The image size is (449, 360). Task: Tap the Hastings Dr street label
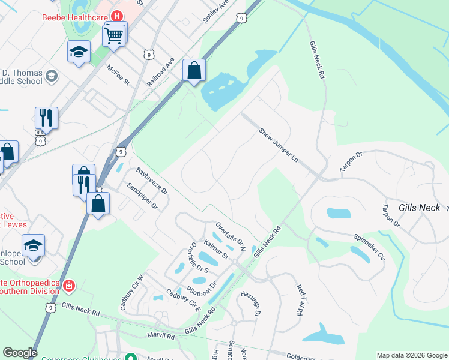tap(251, 304)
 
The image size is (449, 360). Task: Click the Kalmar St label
tap(216, 248)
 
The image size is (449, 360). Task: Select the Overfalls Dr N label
tap(231, 235)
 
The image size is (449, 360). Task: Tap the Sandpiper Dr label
tap(142, 196)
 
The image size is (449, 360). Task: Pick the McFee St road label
tap(118, 76)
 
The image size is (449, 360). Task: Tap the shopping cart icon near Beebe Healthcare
tap(114, 35)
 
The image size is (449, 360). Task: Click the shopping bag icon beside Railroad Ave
tap(194, 71)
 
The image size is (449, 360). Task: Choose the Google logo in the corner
tap(20, 353)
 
